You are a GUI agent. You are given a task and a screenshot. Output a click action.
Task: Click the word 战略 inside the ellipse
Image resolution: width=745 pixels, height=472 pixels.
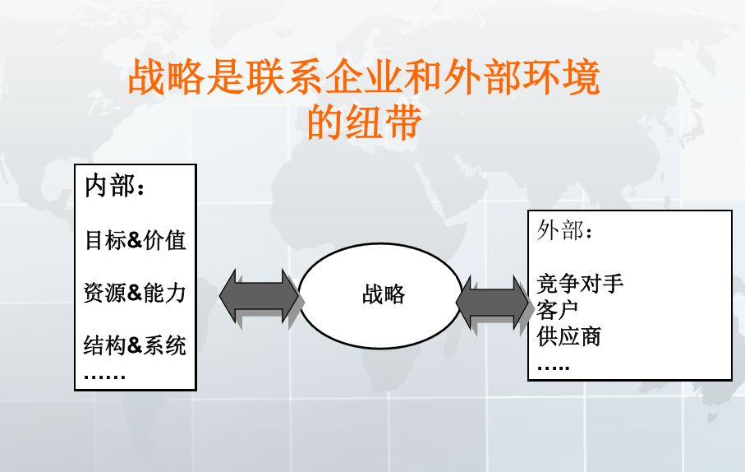pos(384,294)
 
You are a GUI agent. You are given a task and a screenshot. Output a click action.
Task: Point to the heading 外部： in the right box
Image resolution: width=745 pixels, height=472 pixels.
pos(565,230)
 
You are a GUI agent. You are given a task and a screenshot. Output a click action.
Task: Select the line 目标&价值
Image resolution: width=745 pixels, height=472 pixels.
pos(135,240)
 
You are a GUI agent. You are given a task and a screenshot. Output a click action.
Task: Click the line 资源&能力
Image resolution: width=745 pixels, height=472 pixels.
pos(135,292)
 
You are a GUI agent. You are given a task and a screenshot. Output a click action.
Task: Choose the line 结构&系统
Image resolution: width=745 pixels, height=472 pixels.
pos(135,345)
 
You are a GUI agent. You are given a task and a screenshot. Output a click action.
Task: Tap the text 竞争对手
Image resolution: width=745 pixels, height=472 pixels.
pos(580,285)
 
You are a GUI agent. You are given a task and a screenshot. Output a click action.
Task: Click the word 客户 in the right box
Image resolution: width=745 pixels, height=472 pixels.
pos(558,310)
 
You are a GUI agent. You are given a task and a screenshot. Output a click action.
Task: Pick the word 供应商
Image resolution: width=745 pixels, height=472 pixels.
pos(568,335)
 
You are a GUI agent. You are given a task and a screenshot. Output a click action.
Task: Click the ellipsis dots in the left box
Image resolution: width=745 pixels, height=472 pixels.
pos(104,377)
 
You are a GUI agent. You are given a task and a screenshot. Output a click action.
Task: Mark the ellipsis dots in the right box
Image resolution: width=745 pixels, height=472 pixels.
pos(553,366)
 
